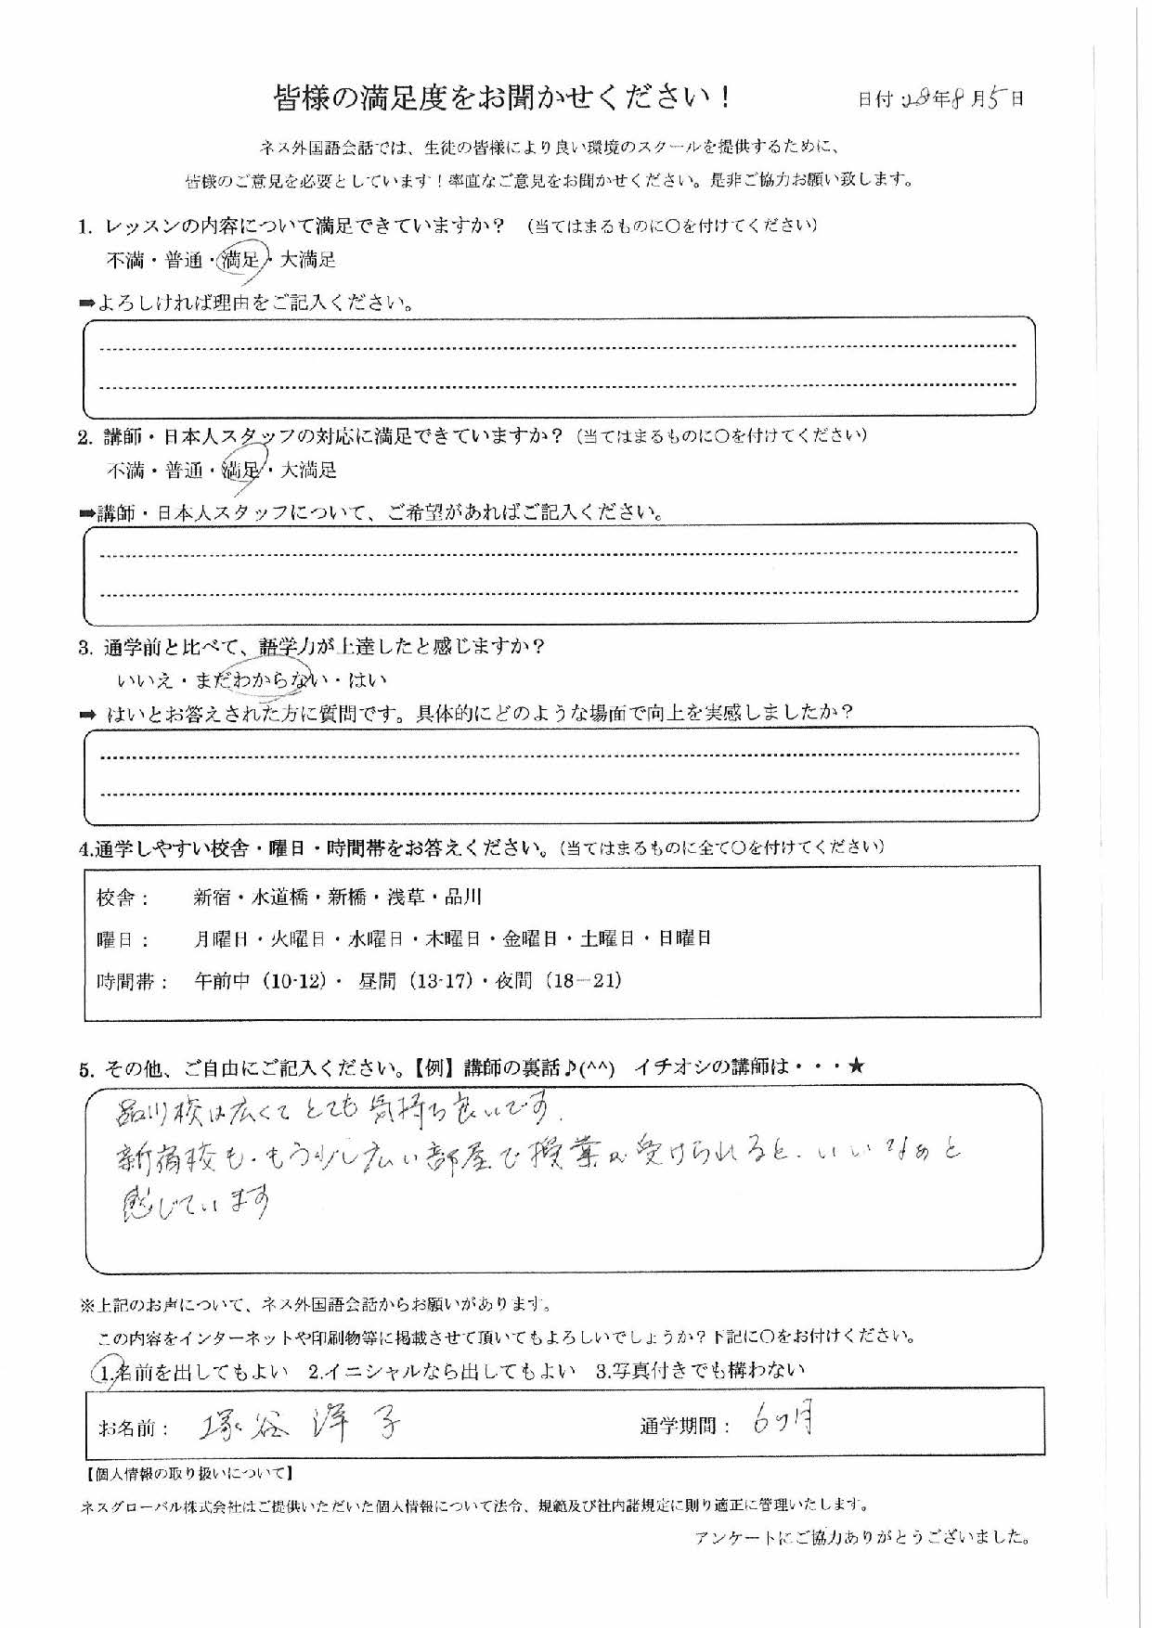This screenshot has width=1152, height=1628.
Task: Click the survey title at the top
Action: [x=502, y=97]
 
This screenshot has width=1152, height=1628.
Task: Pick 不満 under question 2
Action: [x=124, y=471]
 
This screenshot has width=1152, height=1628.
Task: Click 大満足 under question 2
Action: [x=308, y=471]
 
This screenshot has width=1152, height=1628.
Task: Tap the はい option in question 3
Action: [x=367, y=680]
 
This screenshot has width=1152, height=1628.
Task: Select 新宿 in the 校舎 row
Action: [x=213, y=898]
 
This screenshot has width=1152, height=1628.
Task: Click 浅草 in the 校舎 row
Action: [x=406, y=898]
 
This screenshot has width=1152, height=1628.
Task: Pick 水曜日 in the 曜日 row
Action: [x=375, y=938]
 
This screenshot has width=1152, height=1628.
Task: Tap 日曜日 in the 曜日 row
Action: [x=684, y=938]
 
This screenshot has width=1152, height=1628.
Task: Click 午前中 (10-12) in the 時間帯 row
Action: [x=260, y=980]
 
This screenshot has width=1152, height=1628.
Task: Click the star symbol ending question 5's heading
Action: [x=855, y=1066]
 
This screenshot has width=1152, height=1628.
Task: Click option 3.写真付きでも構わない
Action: [x=700, y=1370]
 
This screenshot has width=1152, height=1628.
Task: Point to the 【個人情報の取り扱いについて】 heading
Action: [x=189, y=1473]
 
